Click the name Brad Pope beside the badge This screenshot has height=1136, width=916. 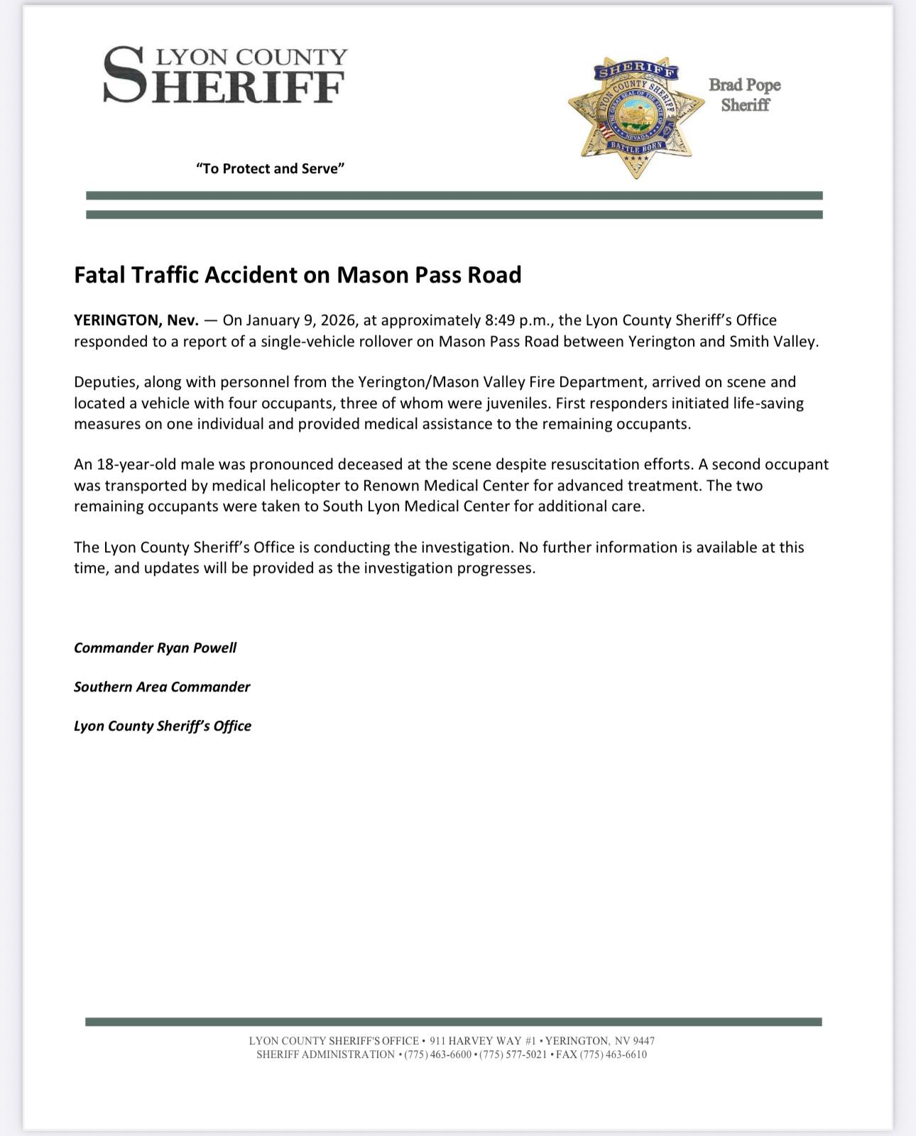tap(744, 85)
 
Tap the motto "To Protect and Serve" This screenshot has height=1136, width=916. tap(270, 168)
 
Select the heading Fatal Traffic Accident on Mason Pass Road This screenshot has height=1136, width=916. tap(298, 275)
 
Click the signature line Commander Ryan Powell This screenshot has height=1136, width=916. tap(155, 648)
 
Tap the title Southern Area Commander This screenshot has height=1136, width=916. tap(162, 687)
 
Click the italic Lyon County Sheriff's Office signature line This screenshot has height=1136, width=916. tap(163, 726)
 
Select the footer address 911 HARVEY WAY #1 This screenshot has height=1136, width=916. tap(482, 1041)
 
